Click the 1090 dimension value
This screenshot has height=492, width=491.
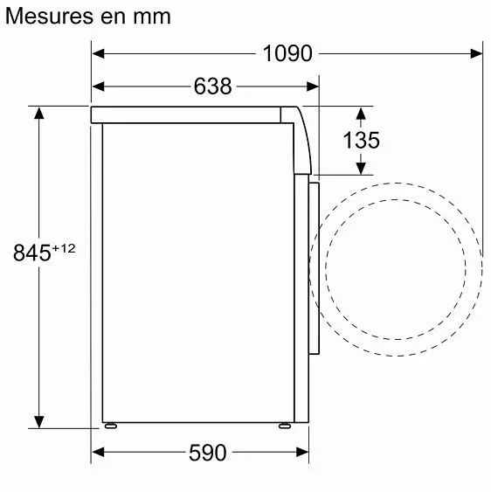(x=287, y=53)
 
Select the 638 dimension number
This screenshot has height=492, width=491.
(x=212, y=87)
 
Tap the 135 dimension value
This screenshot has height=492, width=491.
(x=361, y=140)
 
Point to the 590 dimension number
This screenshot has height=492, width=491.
(x=207, y=453)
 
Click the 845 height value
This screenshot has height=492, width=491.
(x=32, y=253)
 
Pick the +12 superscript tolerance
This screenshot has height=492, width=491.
(x=65, y=248)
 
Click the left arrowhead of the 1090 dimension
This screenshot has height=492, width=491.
(x=99, y=53)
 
